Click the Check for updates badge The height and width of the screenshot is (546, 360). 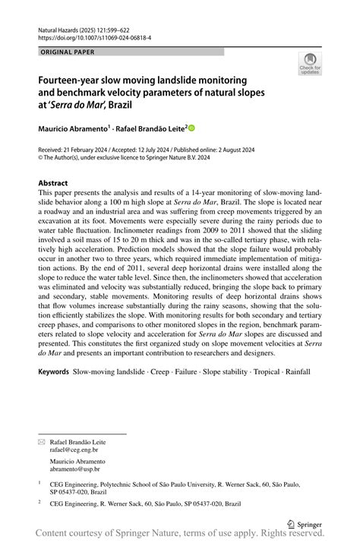310,65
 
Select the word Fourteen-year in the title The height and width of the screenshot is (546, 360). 70,79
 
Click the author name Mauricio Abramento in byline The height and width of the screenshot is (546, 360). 72,130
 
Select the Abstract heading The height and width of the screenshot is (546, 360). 53,183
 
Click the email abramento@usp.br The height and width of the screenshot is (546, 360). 77,471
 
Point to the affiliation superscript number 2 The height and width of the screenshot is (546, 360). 39,502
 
